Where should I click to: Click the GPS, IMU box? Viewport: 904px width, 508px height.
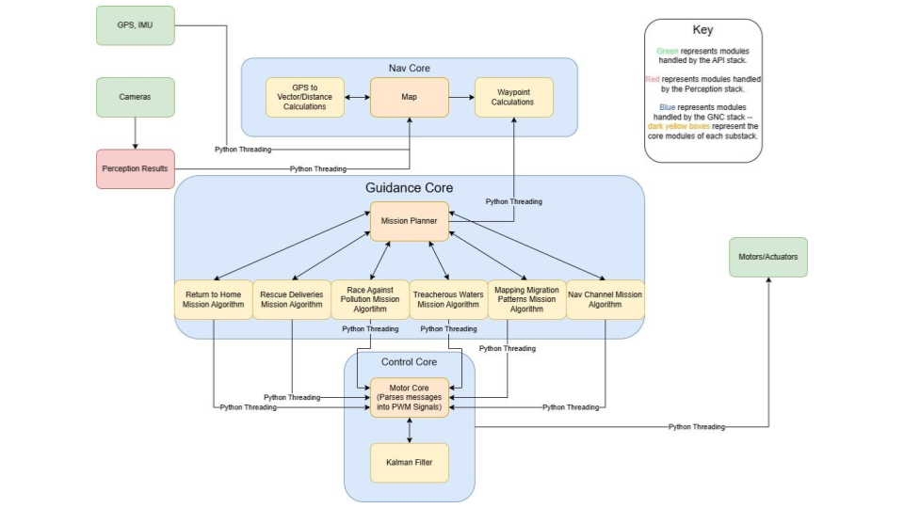pyautogui.click(x=136, y=25)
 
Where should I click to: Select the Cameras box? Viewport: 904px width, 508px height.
pyautogui.click(x=136, y=97)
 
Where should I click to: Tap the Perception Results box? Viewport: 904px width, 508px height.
pyautogui.click(x=136, y=168)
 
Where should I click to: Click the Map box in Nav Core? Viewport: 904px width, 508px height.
pyautogui.click(x=409, y=97)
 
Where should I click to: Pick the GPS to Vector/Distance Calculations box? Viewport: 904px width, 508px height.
pyautogui.click(x=304, y=97)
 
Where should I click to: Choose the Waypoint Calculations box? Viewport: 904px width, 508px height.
pyautogui.click(x=513, y=97)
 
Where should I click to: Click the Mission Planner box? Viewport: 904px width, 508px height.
pyautogui.click(x=409, y=221)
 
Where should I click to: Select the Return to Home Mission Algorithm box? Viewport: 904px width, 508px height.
pyautogui.click(x=213, y=299)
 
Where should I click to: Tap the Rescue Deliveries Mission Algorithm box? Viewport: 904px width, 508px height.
pyautogui.click(x=291, y=299)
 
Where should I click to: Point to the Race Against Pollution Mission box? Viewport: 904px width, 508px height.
pyautogui.click(x=369, y=299)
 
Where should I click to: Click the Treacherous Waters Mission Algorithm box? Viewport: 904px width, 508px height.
pyautogui.click(x=447, y=299)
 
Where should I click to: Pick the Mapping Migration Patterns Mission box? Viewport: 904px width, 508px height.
pyautogui.click(x=526, y=299)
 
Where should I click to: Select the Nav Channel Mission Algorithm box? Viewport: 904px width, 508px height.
pyautogui.click(x=605, y=299)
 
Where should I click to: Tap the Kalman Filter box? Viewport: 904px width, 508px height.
pyautogui.click(x=409, y=462)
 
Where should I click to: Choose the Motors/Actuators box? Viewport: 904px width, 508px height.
pyautogui.click(x=767, y=257)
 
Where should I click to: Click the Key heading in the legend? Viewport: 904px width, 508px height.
pyautogui.click(x=702, y=30)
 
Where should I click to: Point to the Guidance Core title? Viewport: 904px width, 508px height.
pyautogui.click(x=409, y=188)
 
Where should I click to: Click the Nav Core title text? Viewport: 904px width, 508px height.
pyautogui.click(x=409, y=68)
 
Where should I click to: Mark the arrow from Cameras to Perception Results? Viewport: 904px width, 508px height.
pyautogui.click(x=136, y=134)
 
